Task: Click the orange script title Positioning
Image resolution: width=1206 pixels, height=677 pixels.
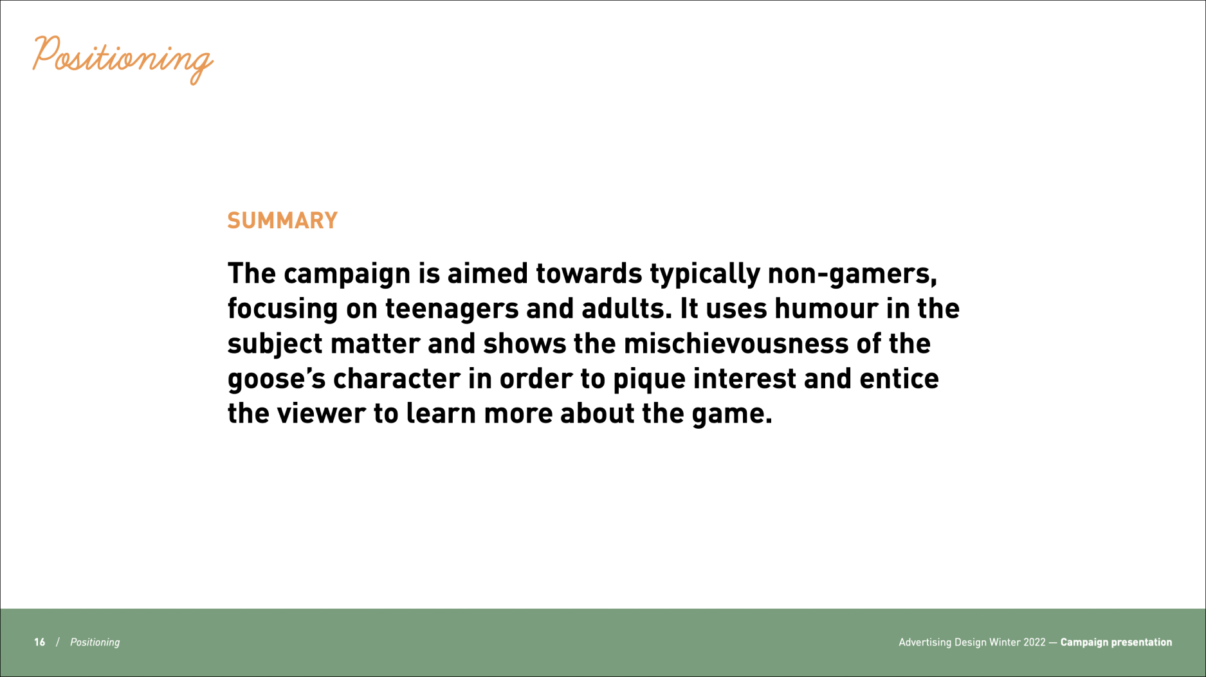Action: pyautogui.click(x=122, y=59)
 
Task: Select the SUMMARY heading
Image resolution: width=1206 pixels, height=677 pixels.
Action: pyautogui.click(x=282, y=221)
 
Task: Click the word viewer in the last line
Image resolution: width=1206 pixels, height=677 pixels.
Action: pyautogui.click(x=321, y=413)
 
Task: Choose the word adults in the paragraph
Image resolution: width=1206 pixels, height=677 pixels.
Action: pyautogui.click(x=626, y=309)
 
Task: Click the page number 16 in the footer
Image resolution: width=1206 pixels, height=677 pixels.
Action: pyautogui.click(x=40, y=642)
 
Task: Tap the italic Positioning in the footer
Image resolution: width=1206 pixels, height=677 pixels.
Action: pyautogui.click(x=95, y=642)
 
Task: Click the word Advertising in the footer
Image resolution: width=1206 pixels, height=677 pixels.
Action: pyautogui.click(x=924, y=642)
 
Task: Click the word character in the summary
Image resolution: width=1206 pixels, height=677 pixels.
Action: pyautogui.click(x=396, y=379)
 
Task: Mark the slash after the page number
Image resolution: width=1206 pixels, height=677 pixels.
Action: pyautogui.click(x=58, y=642)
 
